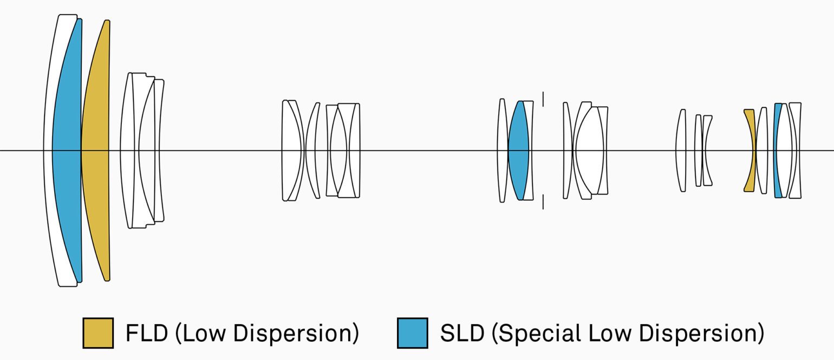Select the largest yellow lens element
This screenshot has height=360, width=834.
point(96,150)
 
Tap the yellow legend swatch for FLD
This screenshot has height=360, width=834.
point(98,332)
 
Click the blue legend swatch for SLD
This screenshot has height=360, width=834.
point(412,332)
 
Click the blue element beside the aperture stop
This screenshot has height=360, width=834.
point(518,150)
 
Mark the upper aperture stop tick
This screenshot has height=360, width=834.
point(543,99)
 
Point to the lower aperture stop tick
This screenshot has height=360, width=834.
point(543,202)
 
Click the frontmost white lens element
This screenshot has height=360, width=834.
point(49,150)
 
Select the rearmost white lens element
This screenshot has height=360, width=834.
point(796,150)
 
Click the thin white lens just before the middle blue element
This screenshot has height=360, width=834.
point(502,150)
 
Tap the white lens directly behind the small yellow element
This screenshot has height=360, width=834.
point(762,150)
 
